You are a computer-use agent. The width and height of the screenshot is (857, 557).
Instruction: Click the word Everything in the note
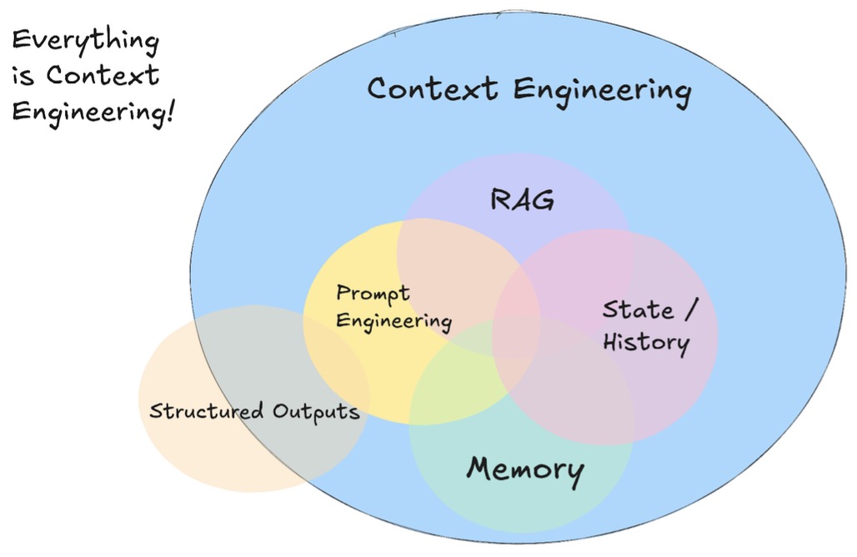tap(85, 41)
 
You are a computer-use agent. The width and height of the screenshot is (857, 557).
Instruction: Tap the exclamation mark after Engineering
tap(171, 108)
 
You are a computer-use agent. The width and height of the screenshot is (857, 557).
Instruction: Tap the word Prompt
tap(373, 294)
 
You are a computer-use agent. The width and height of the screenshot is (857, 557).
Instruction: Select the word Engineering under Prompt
tap(393, 322)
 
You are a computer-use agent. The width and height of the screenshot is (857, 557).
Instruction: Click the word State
tap(638, 310)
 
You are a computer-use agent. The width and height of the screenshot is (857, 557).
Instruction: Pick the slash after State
tap(689, 309)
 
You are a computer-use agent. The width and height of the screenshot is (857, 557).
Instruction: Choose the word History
tap(646, 342)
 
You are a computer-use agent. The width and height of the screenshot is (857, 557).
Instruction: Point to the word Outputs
tap(317, 411)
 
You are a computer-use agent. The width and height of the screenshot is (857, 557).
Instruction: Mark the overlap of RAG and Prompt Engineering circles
tap(454, 258)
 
